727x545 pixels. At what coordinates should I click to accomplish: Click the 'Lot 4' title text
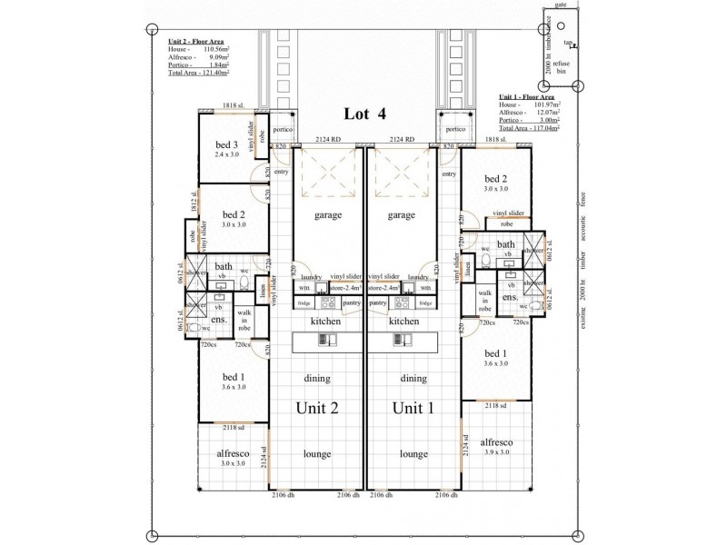pos(364,114)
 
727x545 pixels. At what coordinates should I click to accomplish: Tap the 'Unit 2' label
pos(318,408)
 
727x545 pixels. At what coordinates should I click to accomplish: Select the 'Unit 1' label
pos(413,408)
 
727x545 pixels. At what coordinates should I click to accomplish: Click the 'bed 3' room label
pos(226,145)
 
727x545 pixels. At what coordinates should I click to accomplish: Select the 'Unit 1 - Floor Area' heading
pos(529,95)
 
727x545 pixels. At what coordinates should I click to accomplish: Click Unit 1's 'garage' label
pos(401,216)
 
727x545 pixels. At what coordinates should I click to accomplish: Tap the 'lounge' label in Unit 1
pos(413,453)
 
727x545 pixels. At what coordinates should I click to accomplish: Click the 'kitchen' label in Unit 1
pos(403,322)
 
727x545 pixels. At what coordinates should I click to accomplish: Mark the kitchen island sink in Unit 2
pos(325,341)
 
